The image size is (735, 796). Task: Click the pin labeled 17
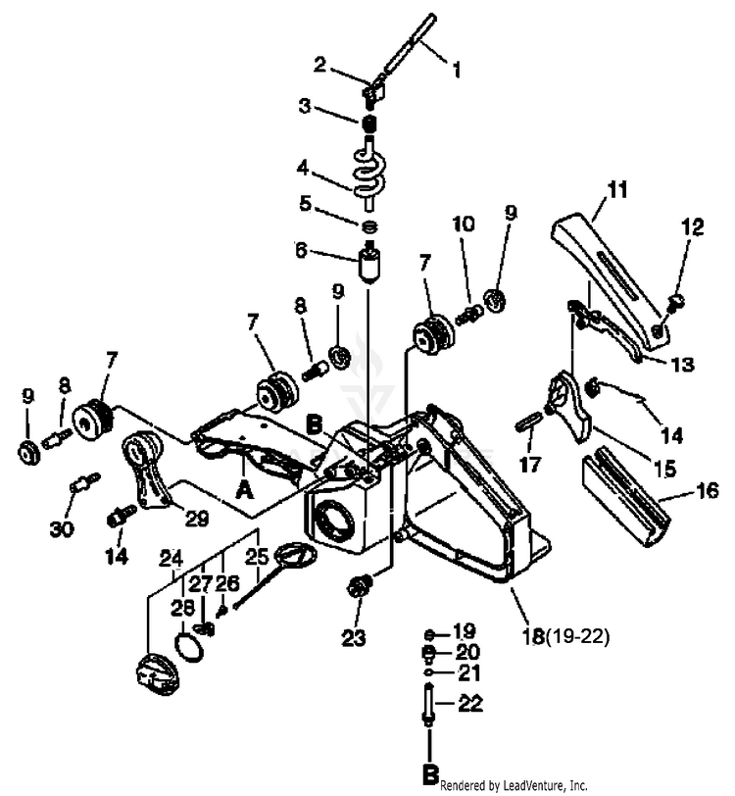coord(528,422)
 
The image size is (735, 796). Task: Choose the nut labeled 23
coord(358,589)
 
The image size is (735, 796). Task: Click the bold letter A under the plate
coord(244,494)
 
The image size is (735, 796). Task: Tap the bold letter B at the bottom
coord(428,774)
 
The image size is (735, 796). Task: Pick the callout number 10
coord(464,224)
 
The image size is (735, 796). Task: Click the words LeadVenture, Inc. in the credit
coord(548,785)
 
